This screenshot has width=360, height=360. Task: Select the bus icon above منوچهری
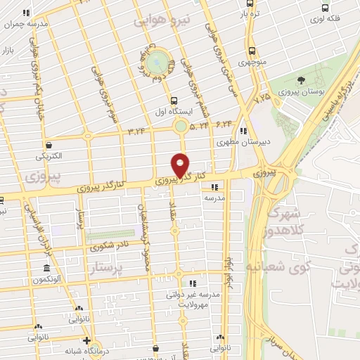coord(251,51)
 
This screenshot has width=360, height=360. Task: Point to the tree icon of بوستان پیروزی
coord(302,81)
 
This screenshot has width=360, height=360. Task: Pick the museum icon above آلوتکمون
coord(46,269)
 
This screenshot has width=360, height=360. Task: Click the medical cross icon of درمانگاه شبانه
coord(86,341)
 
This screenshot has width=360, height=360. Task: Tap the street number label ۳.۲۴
coord(136,130)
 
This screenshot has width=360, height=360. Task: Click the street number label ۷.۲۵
coord(263,96)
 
